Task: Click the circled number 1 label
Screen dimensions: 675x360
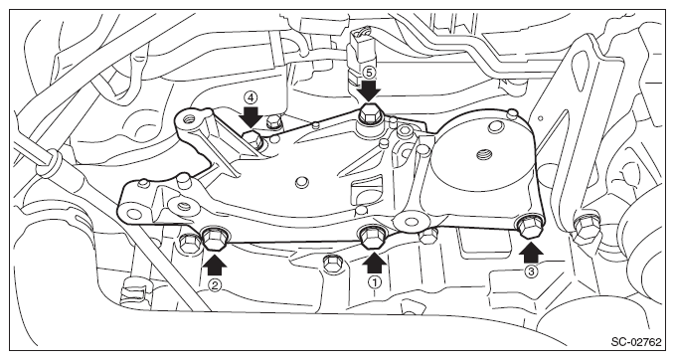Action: [x=375, y=282]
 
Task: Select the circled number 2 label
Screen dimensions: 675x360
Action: [x=215, y=284]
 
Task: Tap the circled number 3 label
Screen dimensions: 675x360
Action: [x=531, y=271]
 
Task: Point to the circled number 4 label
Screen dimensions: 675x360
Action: [x=251, y=97]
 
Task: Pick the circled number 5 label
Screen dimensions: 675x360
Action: [x=369, y=72]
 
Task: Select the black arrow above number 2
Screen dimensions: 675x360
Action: [x=215, y=264]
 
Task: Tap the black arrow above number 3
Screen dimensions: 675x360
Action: [x=531, y=251]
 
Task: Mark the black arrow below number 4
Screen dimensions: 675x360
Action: [x=251, y=117]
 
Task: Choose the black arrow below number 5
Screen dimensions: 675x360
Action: [x=369, y=90]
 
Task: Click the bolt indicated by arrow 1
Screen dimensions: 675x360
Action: [x=372, y=238]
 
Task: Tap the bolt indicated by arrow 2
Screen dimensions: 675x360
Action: [x=215, y=239]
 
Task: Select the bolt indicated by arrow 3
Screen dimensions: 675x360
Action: [x=530, y=226]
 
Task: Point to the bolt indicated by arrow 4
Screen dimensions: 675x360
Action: [x=253, y=140]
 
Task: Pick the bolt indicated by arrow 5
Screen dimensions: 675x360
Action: [x=369, y=114]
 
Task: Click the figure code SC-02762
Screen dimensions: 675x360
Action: [x=635, y=342]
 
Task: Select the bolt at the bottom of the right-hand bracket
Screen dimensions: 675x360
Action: [x=587, y=225]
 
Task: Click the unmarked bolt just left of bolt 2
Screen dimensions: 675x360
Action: [x=188, y=244]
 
